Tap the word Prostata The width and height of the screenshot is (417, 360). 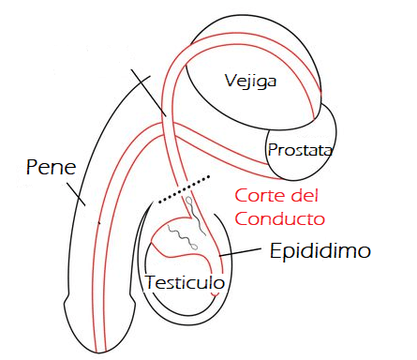pos(300,150)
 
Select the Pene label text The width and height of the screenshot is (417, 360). pos(52,170)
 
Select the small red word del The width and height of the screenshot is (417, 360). pos(304,198)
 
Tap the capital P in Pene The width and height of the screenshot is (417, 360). pos(34,170)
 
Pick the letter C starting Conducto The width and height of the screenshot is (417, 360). pos(241,219)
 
